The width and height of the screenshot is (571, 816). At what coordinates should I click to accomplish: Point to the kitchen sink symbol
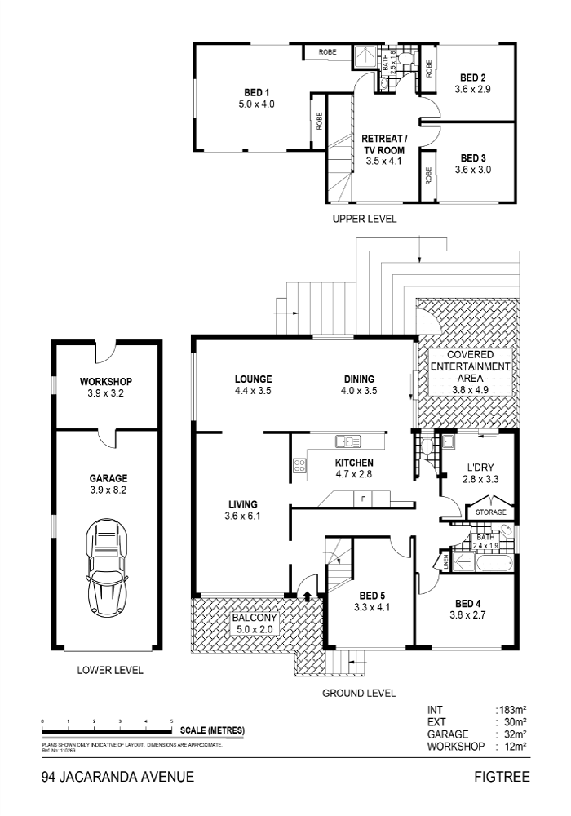347,441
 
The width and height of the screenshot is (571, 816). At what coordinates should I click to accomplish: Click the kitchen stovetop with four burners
299,467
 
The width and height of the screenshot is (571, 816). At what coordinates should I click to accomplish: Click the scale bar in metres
107,730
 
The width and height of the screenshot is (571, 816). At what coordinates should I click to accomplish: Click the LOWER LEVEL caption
110,670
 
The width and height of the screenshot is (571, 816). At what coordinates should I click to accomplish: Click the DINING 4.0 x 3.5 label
359,384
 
